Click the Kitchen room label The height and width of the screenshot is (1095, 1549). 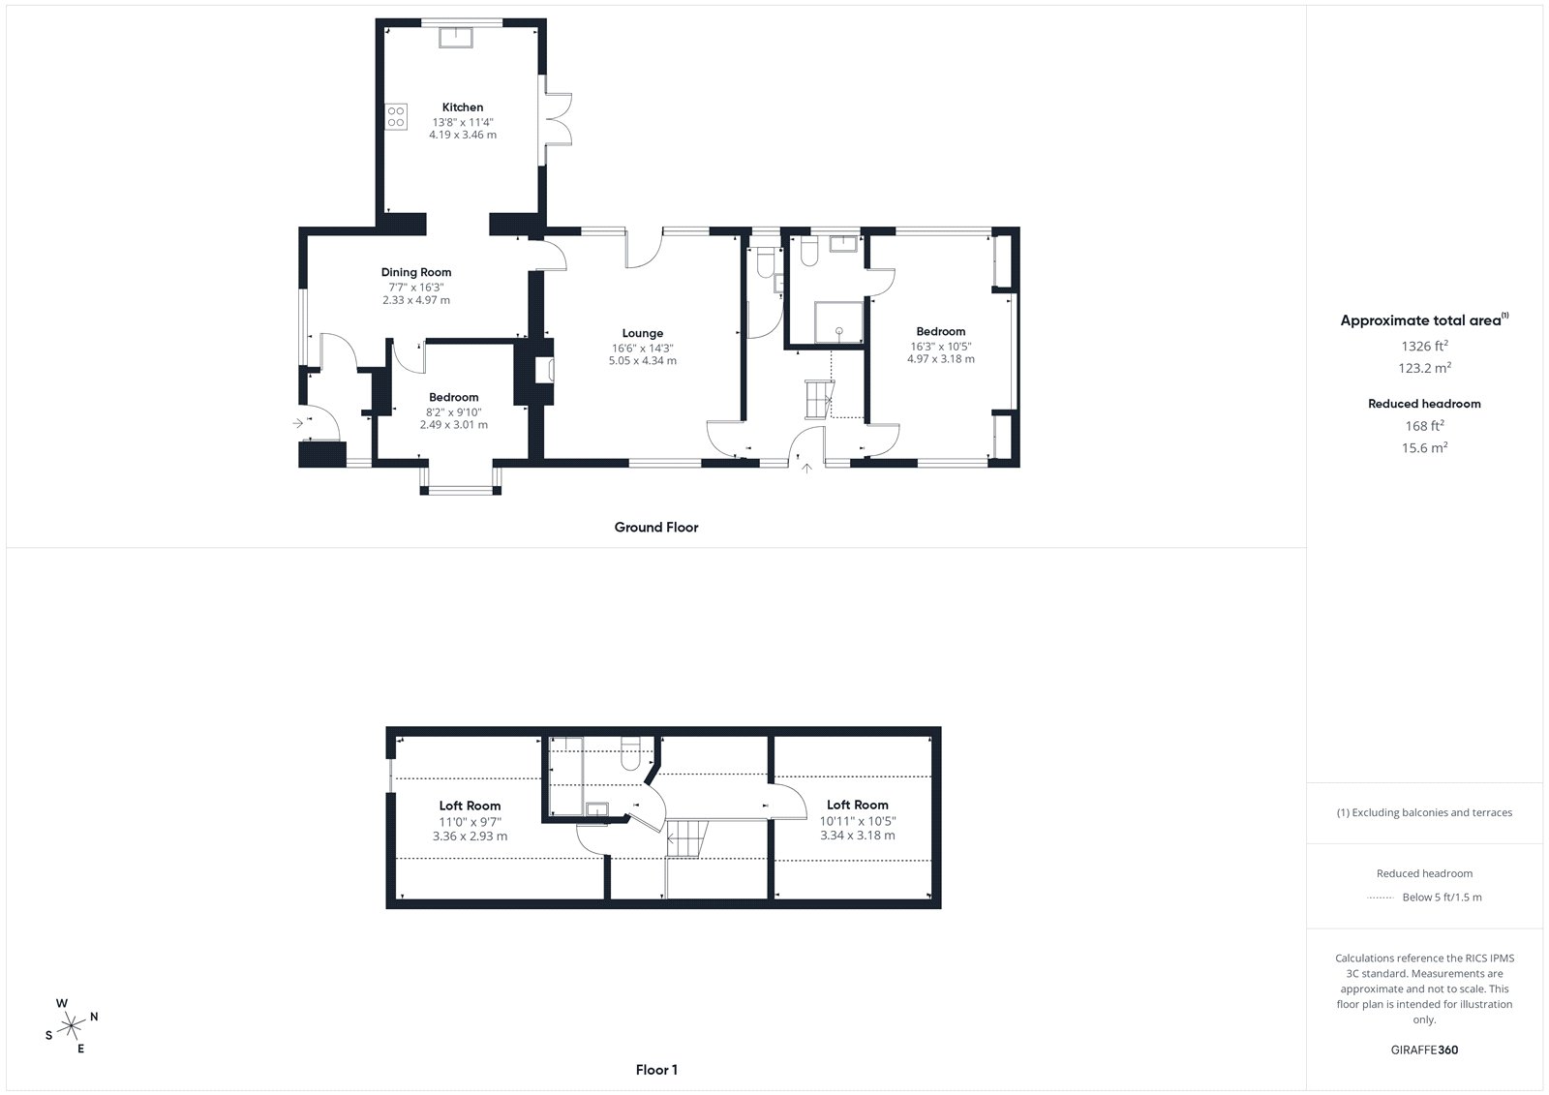pyautogui.click(x=463, y=107)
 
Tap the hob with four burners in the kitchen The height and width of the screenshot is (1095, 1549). pyautogui.click(x=396, y=117)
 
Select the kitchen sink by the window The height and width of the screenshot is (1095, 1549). pyautogui.click(x=456, y=38)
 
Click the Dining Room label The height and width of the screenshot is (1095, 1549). pyautogui.click(x=415, y=272)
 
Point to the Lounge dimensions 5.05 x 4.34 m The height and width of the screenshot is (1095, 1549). pyautogui.click(x=643, y=360)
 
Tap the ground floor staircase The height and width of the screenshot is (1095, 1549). pyautogui.click(x=819, y=399)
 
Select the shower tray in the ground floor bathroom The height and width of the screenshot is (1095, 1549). pyautogui.click(x=838, y=322)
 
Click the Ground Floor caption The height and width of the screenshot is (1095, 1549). pyautogui.click(x=656, y=527)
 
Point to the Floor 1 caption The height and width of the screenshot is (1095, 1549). pyautogui.click(x=656, y=1070)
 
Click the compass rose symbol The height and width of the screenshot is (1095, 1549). pyautogui.click(x=72, y=1026)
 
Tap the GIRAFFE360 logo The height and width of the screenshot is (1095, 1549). pyautogui.click(x=1424, y=1049)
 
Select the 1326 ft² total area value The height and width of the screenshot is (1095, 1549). pyautogui.click(x=1424, y=346)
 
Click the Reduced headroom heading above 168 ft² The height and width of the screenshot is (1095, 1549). pyautogui.click(x=1424, y=404)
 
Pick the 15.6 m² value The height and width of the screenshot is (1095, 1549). pyautogui.click(x=1424, y=447)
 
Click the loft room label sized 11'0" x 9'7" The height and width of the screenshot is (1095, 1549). pyautogui.click(x=470, y=806)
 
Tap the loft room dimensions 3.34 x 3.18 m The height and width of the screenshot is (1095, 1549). pyautogui.click(x=858, y=835)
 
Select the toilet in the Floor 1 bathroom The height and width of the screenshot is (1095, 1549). pyautogui.click(x=630, y=754)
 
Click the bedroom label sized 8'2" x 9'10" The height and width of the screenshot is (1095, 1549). pyautogui.click(x=454, y=397)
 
